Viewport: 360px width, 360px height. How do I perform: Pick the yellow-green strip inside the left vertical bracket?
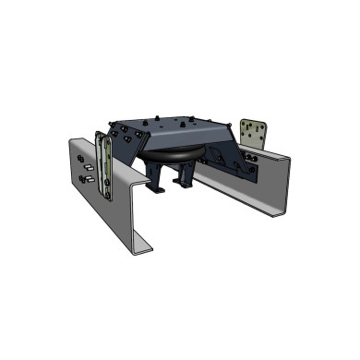click(x=108, y=166)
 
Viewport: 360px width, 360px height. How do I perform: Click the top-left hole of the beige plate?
click(x=245, y=123)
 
